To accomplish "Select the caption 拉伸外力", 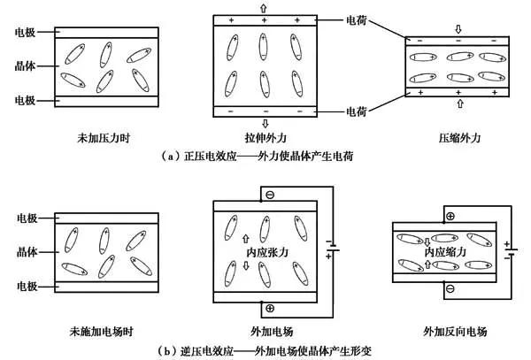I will coord(263,139).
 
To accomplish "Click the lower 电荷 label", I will coord(359,113).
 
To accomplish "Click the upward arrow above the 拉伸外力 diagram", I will coord(263,6).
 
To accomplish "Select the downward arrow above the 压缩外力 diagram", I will coord(458,28).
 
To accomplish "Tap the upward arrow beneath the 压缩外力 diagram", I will coord(458,103).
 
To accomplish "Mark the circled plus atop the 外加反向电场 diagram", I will coord(450,216).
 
